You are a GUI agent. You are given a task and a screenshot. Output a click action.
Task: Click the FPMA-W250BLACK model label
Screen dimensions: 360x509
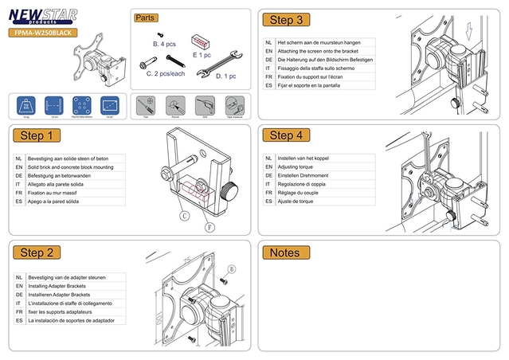coord(43,33)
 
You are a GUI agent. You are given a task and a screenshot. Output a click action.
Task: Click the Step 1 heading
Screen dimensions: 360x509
coord(39,135)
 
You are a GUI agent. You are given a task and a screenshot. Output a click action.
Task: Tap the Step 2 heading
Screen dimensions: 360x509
coord(38,252)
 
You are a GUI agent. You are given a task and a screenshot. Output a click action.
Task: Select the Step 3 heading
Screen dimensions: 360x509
coord(286,20)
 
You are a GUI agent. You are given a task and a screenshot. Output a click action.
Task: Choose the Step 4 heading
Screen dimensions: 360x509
coord(286,135)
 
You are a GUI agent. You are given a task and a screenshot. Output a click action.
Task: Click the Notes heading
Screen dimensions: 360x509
coord(285,252)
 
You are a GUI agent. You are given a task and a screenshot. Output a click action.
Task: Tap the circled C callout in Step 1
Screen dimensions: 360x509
coord(184,215)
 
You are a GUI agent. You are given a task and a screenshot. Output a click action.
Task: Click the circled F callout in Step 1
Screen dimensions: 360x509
coord(210,226)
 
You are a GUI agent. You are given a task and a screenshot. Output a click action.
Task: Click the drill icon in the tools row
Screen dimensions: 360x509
coord(205,104)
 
